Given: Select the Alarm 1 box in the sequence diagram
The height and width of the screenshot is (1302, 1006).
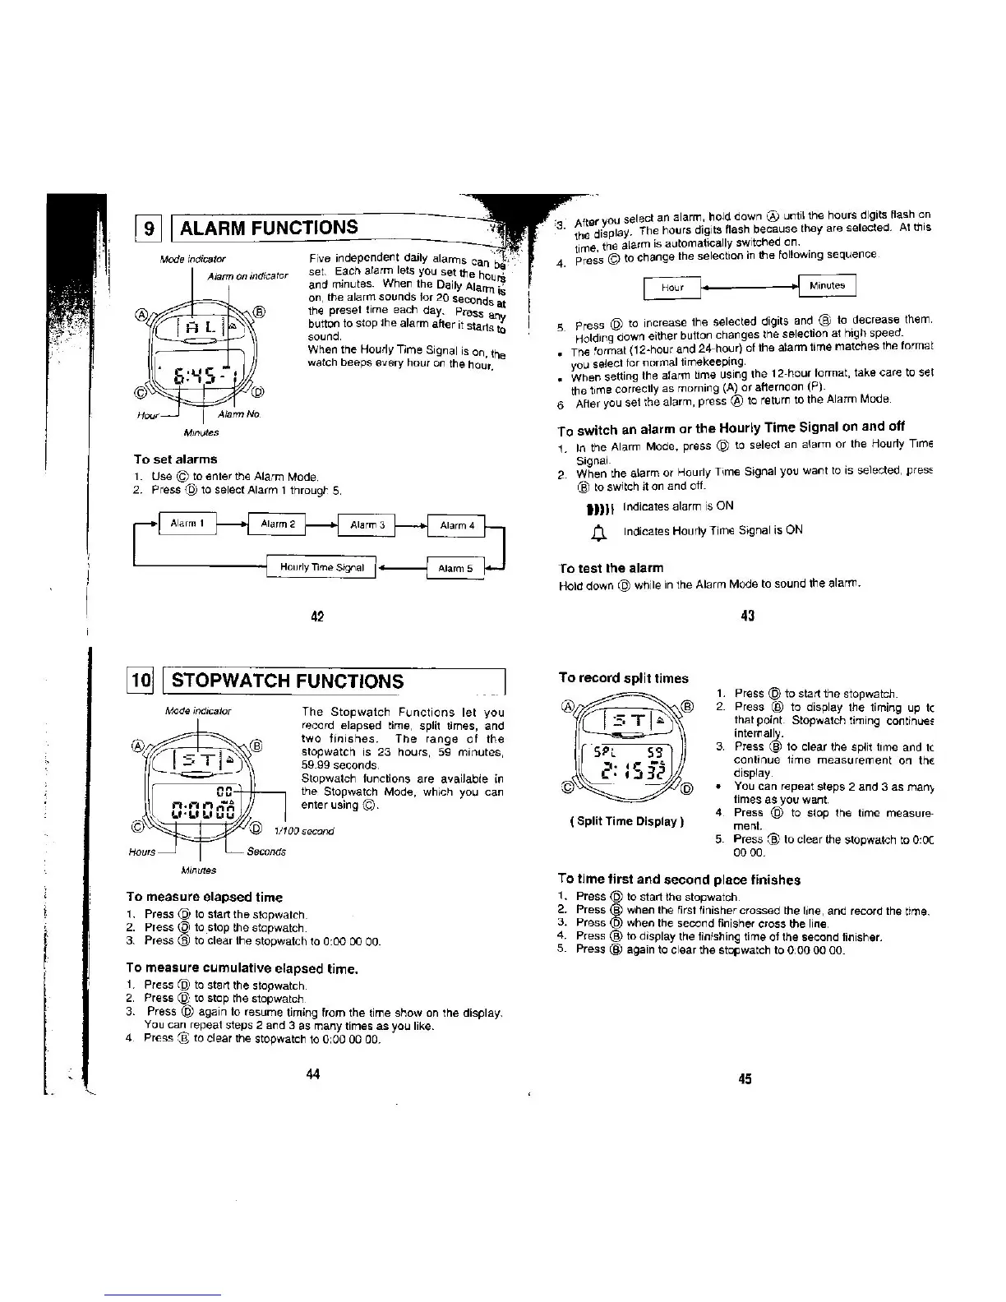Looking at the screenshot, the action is tap(187, 524).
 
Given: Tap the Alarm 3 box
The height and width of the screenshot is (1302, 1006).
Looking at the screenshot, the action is tap(367, 524).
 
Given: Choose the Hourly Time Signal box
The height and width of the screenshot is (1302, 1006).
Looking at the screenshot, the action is tap(321, 567).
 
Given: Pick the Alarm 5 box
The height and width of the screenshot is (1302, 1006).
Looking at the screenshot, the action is tap(455, 567).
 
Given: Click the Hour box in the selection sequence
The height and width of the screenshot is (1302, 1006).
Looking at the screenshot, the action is tap(672, 287).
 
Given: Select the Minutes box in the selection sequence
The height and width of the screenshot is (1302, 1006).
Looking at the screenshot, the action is tap(827, 285).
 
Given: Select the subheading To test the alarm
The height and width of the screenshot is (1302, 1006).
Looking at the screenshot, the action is tap(610, 568).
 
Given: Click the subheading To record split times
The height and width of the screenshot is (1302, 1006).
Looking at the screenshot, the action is tap(623, 678).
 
